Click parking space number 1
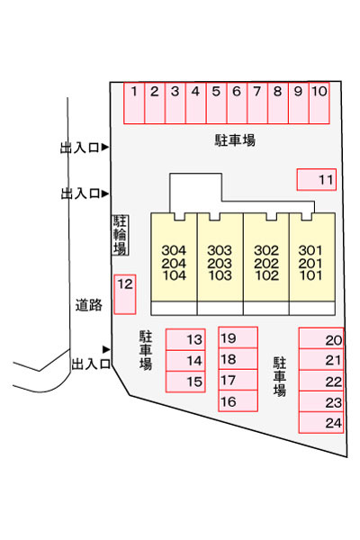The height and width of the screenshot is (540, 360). (x=134, y=103)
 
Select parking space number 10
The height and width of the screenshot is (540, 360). (x=319, y=103)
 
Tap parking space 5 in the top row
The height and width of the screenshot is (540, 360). (x=216, y=103)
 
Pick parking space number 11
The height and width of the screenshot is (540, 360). (x=317, y=179)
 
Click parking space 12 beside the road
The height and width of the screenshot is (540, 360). (x=125, y=294)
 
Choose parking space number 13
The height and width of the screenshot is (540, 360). (x=185, y=339)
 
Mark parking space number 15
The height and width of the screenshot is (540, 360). (x=185, y=382)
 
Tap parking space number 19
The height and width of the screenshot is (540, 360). (x=238, y=337)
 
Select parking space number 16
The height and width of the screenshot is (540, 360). (x=238, y=400)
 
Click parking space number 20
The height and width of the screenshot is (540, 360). (x=321, y=338)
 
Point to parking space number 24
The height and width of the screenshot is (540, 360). (x=321, y=423)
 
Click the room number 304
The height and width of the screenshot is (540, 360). (x=174, y=250)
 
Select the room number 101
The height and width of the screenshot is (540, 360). (x=310, y=275)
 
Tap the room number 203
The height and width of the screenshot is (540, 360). (x=220, y=264)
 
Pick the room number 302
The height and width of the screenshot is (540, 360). (x=266, y=250)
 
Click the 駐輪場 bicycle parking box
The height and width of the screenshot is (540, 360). (x=120, y=235)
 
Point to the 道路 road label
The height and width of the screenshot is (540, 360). (x=89, y=305)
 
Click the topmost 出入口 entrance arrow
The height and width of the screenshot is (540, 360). (x=104, y=148)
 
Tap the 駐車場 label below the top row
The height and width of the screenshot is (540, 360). (x=235, y=140)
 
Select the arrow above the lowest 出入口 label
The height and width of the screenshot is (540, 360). (x=106, y=349)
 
